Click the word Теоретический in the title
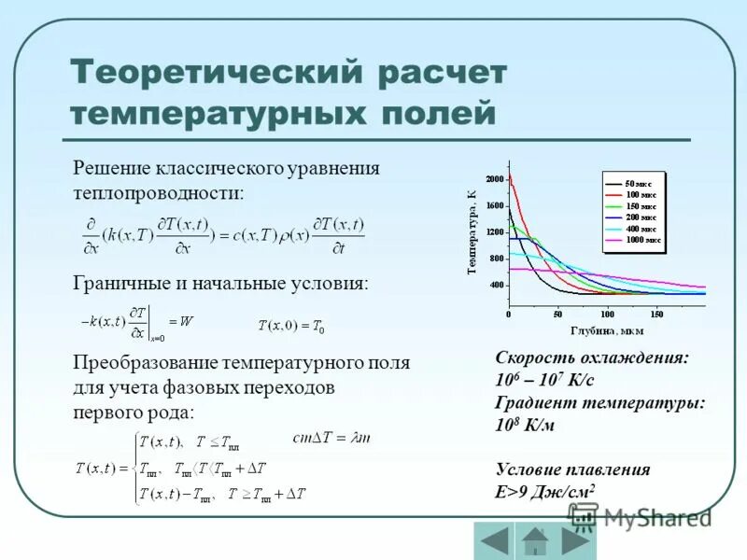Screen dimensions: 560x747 [216, 73]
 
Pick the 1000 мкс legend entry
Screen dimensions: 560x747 [644, 240]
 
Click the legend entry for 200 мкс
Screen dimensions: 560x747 [642, 217]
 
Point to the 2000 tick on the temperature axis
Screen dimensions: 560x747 [494, 178]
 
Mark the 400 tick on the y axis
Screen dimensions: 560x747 [496, 285]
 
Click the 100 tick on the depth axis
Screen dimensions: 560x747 [607, 315]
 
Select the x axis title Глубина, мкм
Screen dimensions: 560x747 [606, 329]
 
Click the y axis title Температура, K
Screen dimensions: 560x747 [472, 230]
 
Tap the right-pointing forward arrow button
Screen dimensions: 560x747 [575, 540]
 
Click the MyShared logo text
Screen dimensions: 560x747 [657, 516]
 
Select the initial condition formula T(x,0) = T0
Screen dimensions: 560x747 [290, 326]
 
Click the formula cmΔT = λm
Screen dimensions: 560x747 [332, 437]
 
